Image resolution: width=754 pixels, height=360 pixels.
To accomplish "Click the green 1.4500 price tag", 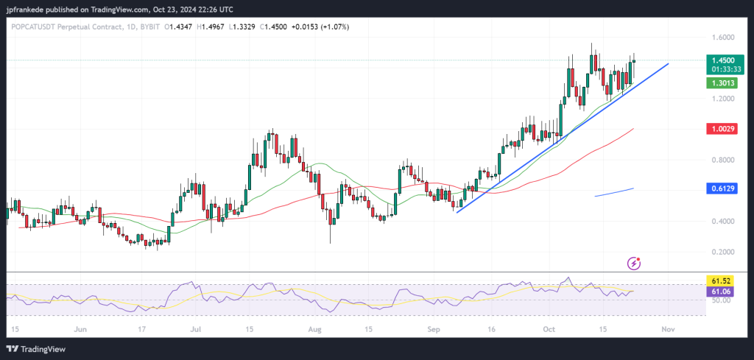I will coord(721,60).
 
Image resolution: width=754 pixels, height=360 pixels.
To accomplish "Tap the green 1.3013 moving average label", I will coord(721,83).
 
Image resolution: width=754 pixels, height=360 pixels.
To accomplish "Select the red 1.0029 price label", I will coord(721,129).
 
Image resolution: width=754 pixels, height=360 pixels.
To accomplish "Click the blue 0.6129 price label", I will coord(721,189).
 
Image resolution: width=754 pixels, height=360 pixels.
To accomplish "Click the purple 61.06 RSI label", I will coord(721,292).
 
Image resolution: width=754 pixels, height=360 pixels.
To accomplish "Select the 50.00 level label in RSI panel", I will coord(721,300).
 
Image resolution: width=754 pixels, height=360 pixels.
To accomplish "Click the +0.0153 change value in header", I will coord(311,27).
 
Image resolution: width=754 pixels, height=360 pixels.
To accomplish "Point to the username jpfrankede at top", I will coord(27,8).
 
